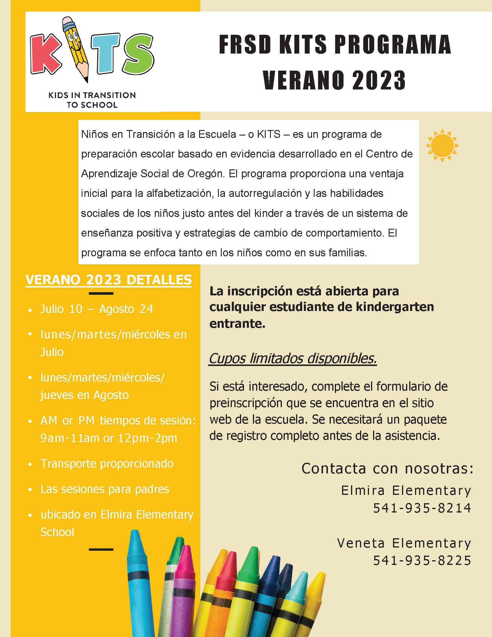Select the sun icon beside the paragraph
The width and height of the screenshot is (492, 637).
tap(442, 145)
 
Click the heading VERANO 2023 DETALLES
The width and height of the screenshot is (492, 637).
tap(109, 280)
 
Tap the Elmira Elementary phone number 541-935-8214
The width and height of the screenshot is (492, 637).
tap(422, 508)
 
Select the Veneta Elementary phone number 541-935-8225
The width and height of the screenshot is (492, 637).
tap(422, 560)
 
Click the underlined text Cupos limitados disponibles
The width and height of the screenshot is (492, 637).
tap(293, 358)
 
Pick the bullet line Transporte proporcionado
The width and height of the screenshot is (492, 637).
tap(107, 464)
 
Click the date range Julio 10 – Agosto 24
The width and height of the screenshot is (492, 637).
tap(96, 309)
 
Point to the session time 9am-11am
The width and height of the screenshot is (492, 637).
tap(70, 438)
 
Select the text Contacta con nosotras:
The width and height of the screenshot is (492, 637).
tap(387, 469)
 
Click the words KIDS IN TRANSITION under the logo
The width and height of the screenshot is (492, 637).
tap(92, 95)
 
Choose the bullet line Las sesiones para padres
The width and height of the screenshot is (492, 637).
tap(105, 489)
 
